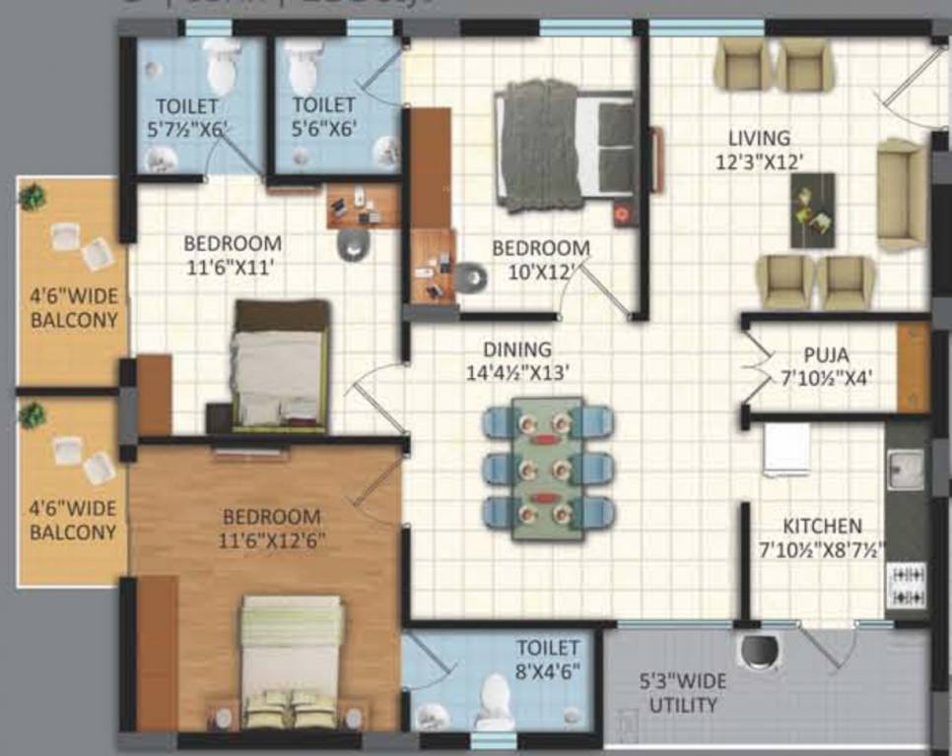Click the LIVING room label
759,138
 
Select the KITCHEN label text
822,527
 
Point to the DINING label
517,350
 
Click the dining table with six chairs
548,469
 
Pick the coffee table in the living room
812,210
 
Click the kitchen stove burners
907,584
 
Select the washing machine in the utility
759,650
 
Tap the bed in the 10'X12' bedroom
567,148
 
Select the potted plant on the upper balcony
33,197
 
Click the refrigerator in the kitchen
786,450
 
